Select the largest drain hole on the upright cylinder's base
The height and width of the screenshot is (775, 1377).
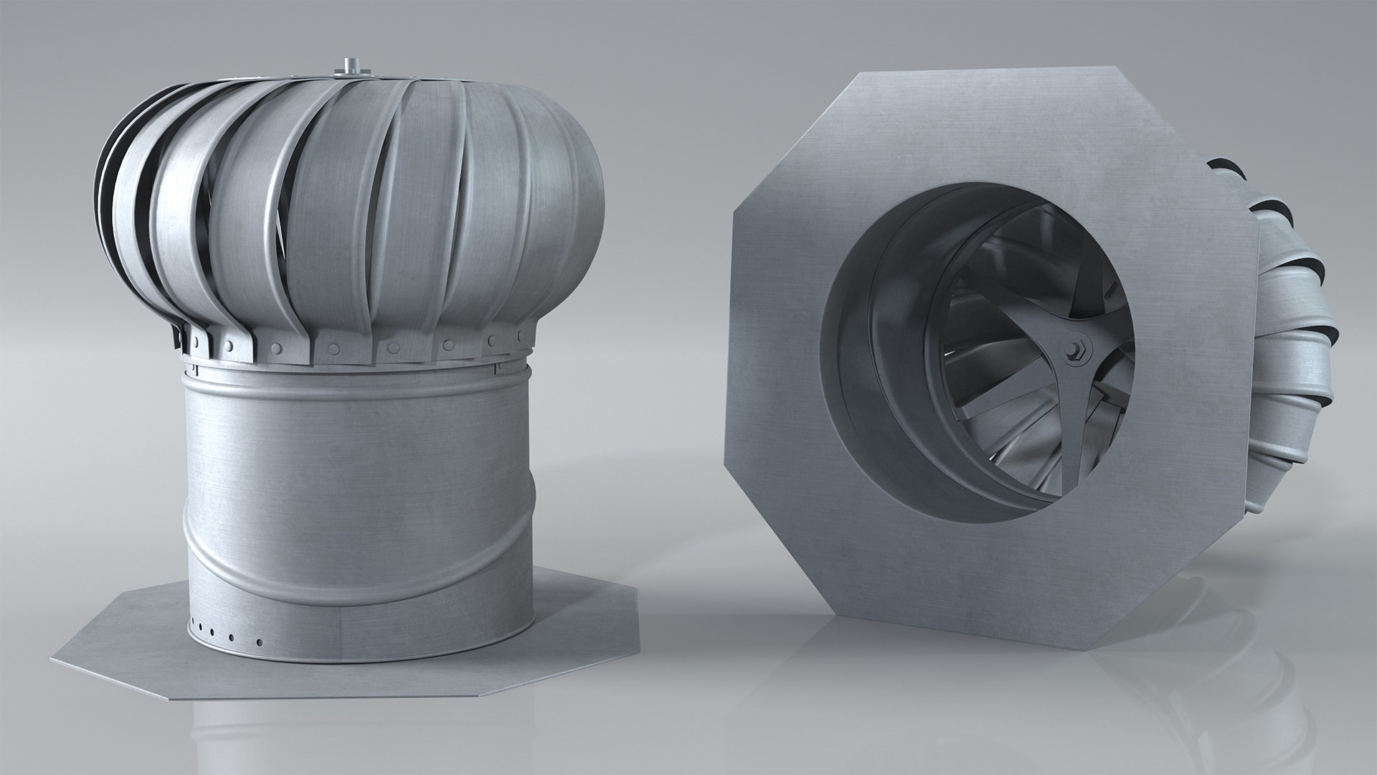pos(260,642)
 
